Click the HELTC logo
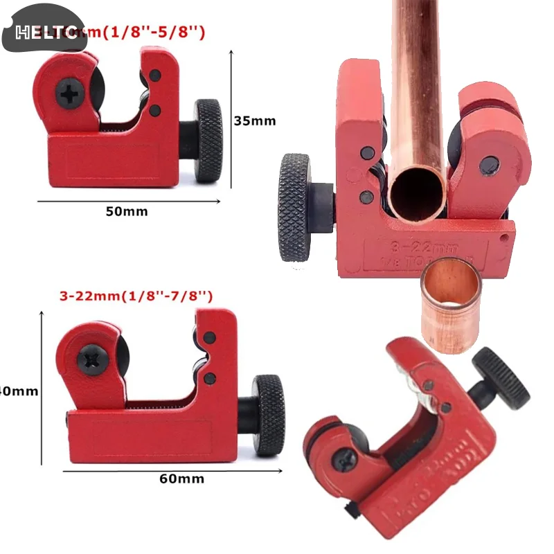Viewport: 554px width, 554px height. click(x=45, y=32)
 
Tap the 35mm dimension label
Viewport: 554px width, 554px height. click(x=254, y=120)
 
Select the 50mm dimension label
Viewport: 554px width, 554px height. click(x=127, y=211)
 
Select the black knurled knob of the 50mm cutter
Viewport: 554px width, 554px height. click(x=208, y=141)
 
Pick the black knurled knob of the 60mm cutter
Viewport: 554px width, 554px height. click(x=269, y=414)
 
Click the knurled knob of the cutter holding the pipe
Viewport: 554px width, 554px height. click(x=295, y=207)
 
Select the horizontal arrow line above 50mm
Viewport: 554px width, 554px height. click(x=128, y=202)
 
